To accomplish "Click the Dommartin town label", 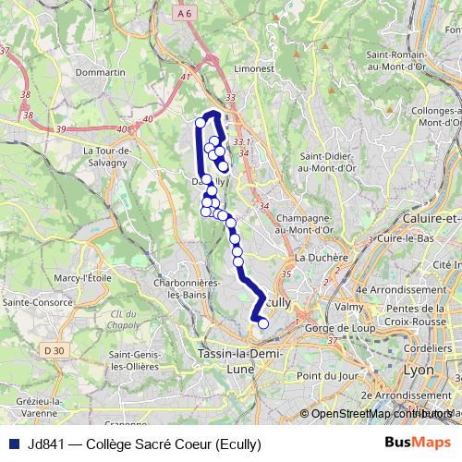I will click(x=102, y=71).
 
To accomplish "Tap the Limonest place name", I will click(x=256, y=69).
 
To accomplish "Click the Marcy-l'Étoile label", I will click(x=82, y=277).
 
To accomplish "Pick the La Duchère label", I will click(x=321, y=258).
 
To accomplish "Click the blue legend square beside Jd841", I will click(x=13, y=443).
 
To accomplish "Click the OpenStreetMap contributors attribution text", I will click(x=379, y=413).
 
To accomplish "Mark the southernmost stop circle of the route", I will click(x=262, y=323).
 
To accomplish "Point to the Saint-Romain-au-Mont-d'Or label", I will click(x=407, y=62).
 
